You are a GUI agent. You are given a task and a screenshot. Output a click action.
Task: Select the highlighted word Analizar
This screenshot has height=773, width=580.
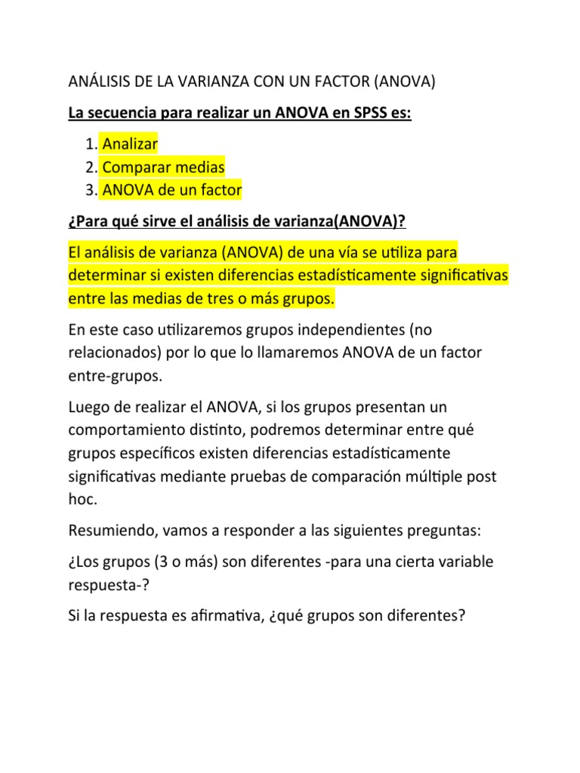tap(131, 143)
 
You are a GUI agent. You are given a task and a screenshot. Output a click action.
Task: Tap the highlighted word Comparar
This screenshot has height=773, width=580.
tap(134, 167)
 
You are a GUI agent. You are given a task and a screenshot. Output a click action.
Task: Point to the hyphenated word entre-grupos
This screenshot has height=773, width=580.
tap(104, 377)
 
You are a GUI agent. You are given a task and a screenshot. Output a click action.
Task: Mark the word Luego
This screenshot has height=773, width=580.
tap(88, 408)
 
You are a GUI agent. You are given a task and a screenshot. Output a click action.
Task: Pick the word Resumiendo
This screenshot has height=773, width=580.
tap(110, 532)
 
